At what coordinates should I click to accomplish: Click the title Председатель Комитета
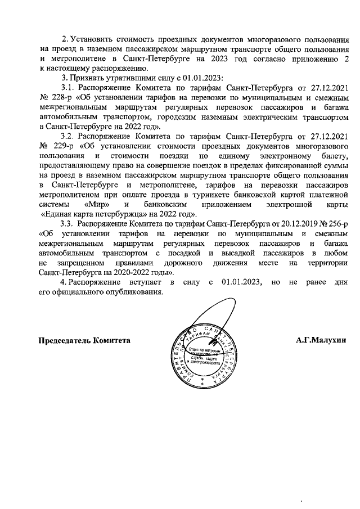(84, 340)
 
